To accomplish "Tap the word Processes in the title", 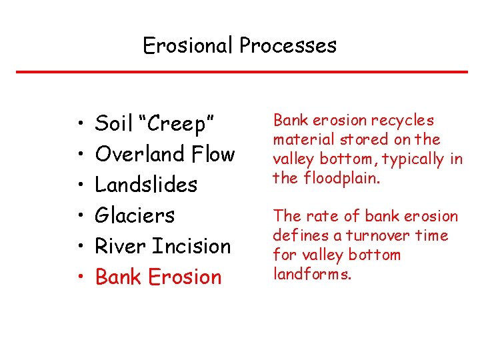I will coord(288,46).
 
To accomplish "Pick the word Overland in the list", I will coord(139,154).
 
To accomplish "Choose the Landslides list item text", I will coord(146,185).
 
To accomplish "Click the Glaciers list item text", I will coord(135,215).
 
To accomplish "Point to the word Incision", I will coord(191,246).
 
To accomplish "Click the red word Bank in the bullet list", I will coord(119,277).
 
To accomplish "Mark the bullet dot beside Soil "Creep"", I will coord(79,125).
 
